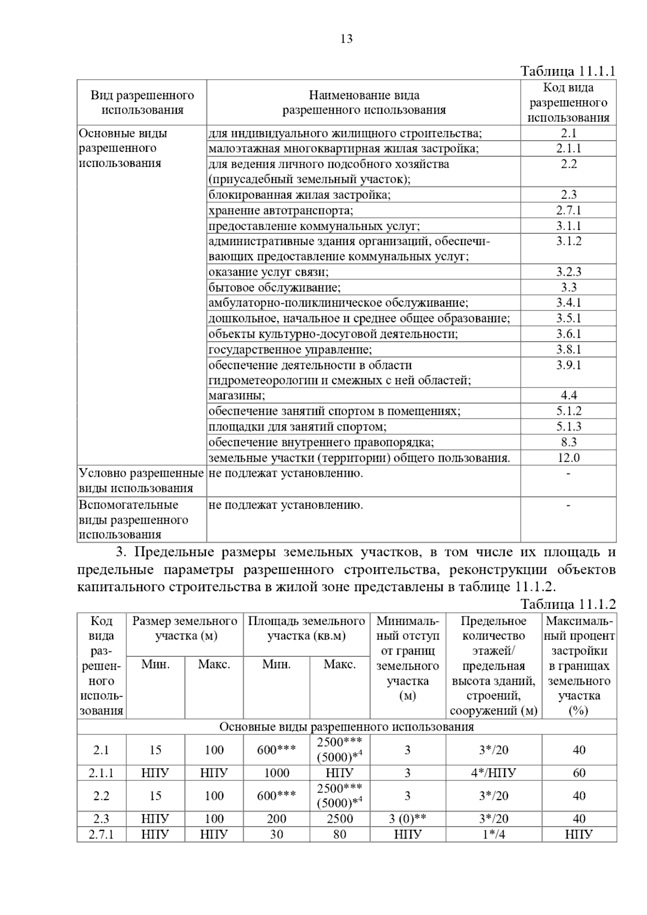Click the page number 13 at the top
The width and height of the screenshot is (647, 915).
coord(346,39)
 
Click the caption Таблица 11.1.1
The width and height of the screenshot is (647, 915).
coord(568,72)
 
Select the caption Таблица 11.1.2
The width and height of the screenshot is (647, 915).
coord(568,604)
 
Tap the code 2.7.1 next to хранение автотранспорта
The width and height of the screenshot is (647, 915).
coord(569,210)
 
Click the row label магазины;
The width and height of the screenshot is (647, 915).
coord(237,396)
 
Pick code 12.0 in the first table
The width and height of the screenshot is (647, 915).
coord(569,458)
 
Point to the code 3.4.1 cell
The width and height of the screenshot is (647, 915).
coord(569,303)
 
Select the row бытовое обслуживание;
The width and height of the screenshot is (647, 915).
coord(274,287)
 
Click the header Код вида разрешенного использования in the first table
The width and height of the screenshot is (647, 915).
coord(568,102)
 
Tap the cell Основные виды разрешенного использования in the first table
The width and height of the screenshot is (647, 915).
coord(123,148)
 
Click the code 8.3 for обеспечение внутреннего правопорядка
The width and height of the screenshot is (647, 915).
coord(569,442)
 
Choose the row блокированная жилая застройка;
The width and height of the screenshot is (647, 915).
coord(300,195)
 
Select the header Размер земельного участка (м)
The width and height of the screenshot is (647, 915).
coord(185,628)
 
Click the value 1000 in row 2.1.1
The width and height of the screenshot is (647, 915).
coord(277,773)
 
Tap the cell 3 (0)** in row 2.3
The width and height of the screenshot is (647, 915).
coord(408,819)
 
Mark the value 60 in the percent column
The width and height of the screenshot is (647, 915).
coord(579,773)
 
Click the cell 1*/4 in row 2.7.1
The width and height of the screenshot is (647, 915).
coord(494,834)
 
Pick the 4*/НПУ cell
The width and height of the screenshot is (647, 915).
coord(494,773)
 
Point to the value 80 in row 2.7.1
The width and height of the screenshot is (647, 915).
coord(340,834)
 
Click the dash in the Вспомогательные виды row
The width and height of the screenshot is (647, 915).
coord(569,505)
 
